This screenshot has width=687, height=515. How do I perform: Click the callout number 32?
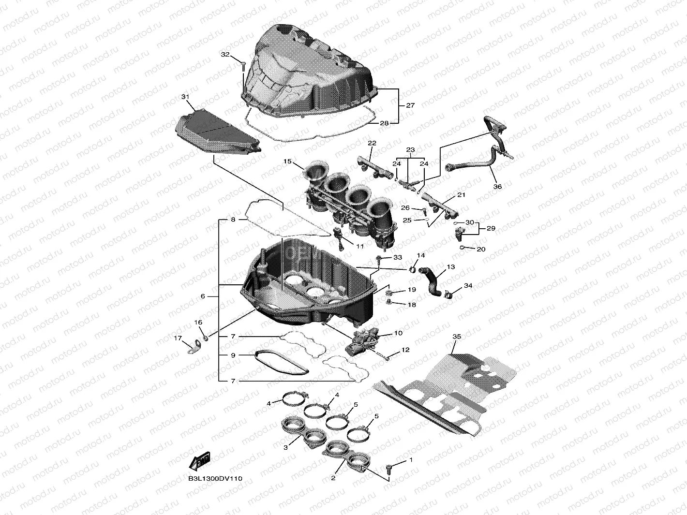tap(225, 55)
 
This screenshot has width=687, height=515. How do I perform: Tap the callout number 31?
tap(185, 97)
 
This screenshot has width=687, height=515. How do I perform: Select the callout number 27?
tap(410, 105)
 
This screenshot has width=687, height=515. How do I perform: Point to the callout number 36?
tap(497, 187)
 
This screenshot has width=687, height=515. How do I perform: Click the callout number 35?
tap(457, 336)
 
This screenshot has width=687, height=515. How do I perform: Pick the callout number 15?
tap(288, 162)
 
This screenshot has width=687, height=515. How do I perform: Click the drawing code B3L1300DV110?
tap(215, 479)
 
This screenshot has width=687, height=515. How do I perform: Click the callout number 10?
tap(399, 333)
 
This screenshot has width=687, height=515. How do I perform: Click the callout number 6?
tap(203, 296)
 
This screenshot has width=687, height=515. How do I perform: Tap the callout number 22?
tap(372, 143)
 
